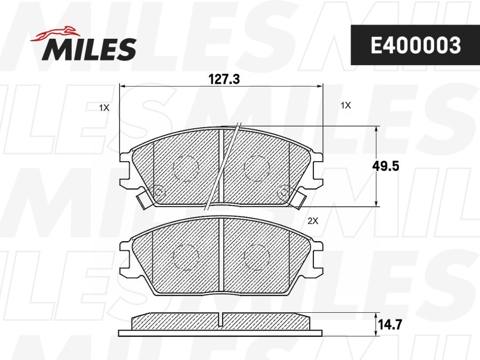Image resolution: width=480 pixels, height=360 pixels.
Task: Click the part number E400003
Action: [x=416, y=45]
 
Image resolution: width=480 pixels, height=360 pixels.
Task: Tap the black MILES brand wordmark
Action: [x=90, y=49]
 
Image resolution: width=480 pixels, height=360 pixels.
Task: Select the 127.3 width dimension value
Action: [x=224, y=79]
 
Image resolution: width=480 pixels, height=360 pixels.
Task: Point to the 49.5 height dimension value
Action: [x=386, y=166]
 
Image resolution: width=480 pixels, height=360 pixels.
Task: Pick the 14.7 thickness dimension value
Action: [x=390, y=325]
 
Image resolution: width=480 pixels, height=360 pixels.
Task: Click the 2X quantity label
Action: [x=313, y=221]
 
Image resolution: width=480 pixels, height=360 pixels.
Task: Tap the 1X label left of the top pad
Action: [x=104, y=107]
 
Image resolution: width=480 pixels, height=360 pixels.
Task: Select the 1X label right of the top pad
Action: [x=346, y=106]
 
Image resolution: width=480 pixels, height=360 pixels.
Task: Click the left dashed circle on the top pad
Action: [x=186, y=168]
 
